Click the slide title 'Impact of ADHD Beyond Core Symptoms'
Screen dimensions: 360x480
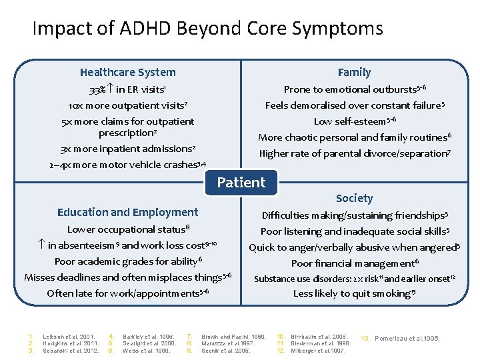207,29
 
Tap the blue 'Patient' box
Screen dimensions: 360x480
241,182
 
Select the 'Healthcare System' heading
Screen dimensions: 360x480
127,72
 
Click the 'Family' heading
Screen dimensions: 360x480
354,72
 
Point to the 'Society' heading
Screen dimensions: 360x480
354,198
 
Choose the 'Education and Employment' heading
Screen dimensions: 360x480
127,212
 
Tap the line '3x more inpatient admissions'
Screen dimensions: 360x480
127,149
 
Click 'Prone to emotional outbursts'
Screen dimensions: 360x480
354,89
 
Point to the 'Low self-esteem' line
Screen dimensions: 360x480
354,121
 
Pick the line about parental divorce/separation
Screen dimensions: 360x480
354,153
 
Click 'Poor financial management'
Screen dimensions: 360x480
354,263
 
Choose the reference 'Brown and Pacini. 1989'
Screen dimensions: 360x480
234,337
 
